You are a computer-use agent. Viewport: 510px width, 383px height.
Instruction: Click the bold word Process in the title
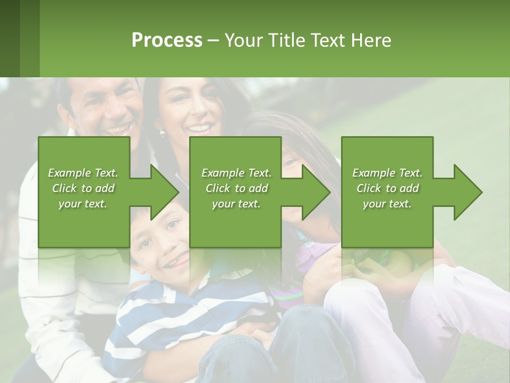(167, 40)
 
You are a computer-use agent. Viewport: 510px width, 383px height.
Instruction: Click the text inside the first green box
(83, 188)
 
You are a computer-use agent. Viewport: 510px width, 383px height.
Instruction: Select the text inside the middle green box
(236, 188)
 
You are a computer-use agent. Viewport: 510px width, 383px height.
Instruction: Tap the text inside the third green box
(387, 188)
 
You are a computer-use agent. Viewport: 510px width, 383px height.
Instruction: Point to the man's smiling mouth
(118, 129)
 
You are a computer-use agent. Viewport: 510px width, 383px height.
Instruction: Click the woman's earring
(163, 133)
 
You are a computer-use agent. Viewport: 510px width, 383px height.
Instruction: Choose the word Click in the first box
(65, 188)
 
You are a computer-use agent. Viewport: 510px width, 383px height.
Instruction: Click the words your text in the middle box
(236, 204)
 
